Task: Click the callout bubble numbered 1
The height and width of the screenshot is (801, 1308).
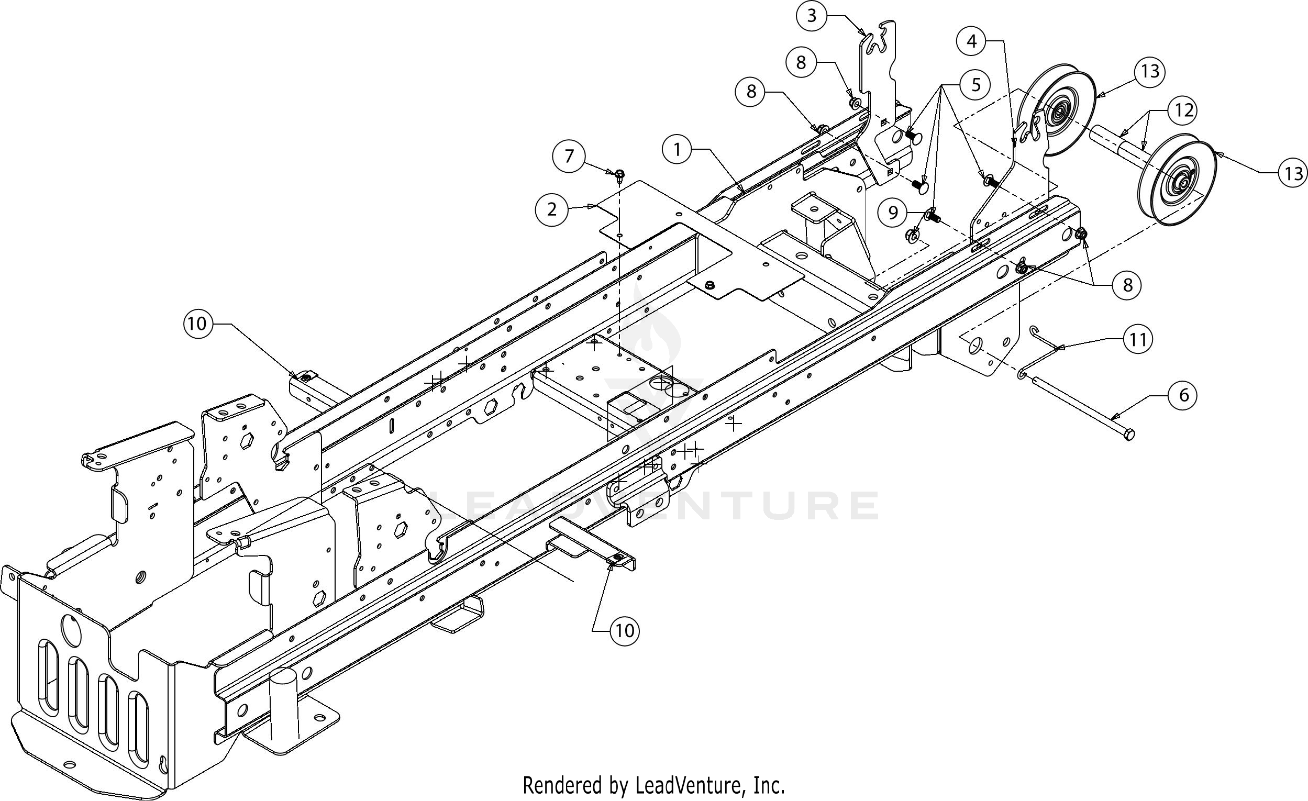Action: click(x=677, y=150)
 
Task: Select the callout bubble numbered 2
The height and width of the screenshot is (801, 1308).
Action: click(x=551, y=209)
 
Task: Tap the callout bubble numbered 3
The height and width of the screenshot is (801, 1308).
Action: click(x=811, y=16)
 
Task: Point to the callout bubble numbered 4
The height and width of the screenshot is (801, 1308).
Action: click(x=972, y=41)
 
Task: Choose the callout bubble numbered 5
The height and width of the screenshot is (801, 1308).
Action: click(x=976, y=85)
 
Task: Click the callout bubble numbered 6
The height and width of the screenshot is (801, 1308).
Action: click(x=1183, y=395)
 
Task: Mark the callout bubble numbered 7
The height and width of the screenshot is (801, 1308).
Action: click(x=569, y=156)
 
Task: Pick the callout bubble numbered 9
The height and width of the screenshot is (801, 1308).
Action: click(x=893, y=213)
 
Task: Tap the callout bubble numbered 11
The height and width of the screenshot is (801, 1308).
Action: click(x=1138, y=339)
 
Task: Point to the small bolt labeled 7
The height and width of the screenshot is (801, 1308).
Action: click(x=619, y=174)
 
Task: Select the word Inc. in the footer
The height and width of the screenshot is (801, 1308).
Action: click(x=769, y=785)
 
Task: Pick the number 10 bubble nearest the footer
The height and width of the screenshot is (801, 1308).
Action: click(x=624, y=631)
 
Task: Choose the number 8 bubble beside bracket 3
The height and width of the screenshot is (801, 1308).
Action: click(x=801, y=63)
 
